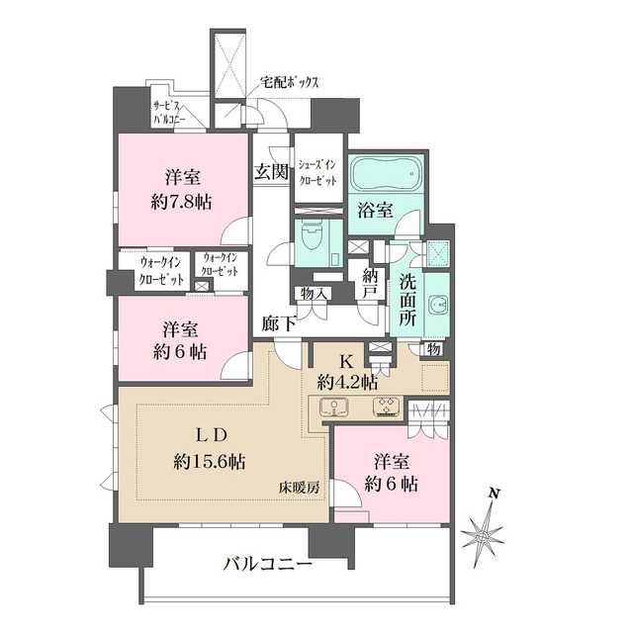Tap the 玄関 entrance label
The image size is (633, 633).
271,172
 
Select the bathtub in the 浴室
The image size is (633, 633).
387,177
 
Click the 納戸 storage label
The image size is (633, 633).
371,286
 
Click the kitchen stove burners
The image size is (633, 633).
385,407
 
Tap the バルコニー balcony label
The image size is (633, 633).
267,565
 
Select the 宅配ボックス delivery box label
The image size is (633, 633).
289,84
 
